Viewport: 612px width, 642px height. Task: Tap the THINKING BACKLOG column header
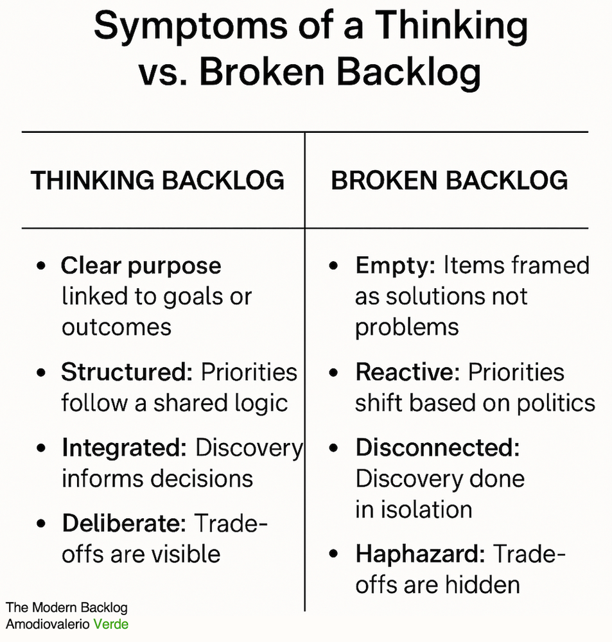[158, 181]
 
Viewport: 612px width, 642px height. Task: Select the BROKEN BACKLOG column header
[450, 181]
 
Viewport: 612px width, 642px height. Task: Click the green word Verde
[111, 623]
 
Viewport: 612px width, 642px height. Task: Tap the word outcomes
[117, 327]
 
